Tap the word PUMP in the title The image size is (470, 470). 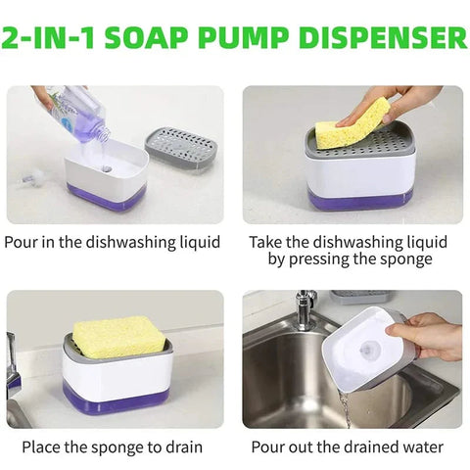tap(243, 37)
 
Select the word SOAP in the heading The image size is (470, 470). tap(146, 37)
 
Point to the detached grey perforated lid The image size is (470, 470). tap(181, 148)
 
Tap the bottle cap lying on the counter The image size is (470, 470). tap(32, 178)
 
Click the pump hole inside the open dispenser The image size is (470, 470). tap(106, 169)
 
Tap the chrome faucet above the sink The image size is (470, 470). tap(305, 308)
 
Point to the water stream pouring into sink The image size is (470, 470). tap(345, 409)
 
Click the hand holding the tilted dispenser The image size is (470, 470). tap(427, 337)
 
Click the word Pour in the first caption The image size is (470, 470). tap(21, 242)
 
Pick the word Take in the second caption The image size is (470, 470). tap(265, 242)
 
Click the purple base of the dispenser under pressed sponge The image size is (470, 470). tap(360, 201)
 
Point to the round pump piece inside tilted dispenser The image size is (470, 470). tap(369, 350)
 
